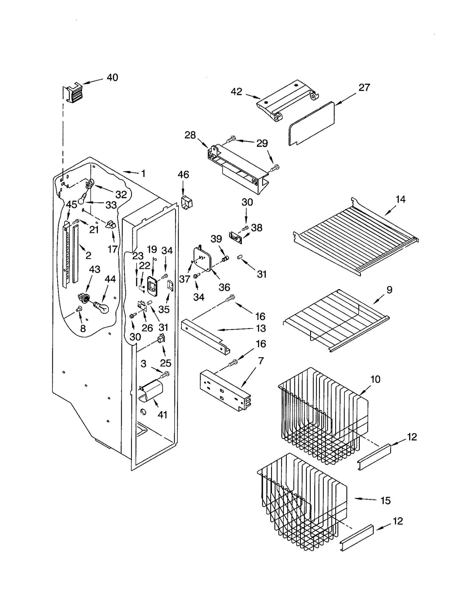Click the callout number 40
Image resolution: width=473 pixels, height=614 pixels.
point(112,78)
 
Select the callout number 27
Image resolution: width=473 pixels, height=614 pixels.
point(364,88)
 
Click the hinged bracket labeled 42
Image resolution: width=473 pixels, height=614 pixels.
point(287,101)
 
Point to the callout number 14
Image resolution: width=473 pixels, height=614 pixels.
point(401,199)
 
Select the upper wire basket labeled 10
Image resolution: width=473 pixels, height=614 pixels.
point(322,414)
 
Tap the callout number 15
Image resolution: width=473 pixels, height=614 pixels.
point(385,501)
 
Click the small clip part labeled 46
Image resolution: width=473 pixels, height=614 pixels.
point(186,203)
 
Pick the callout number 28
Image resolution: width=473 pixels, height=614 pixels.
point(190,135)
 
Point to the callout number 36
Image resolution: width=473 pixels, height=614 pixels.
point(224,287)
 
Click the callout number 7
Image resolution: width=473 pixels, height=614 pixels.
point(261,361)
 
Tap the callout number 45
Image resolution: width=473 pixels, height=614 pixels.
point(71,204)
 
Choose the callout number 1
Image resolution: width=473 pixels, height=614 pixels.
point(143,173)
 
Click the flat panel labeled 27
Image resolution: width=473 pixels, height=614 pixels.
point(312,123)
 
